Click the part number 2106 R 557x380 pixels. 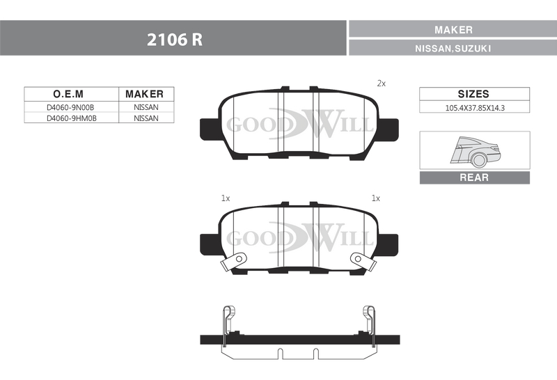point(175,40)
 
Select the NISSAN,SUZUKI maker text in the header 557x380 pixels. point(453,48)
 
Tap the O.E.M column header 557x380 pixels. point(68,94)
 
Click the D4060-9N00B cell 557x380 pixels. point(70,107)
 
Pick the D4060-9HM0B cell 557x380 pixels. point(72,118)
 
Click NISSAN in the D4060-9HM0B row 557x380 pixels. point(146,118)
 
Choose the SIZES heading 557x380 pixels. point(473,94)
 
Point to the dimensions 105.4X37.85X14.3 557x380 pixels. point(475,108)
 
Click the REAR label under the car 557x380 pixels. point(474,177)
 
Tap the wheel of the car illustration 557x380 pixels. point(479,160)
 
